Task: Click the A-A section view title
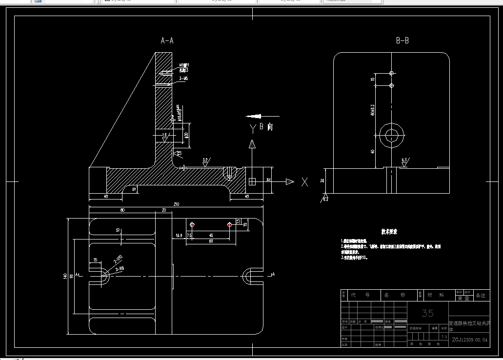pos(167,41)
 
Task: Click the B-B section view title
pos(402,41)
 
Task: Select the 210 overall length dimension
pos(176,204)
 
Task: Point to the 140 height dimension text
pos(65,277)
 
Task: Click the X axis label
pos(304,182)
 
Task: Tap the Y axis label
pos(253,128)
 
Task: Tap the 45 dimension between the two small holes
pos(210,236)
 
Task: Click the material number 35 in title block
pos(427,313)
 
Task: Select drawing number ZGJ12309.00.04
pos(469,340)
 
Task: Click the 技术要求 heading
pos(389,231)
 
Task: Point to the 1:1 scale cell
pos(444,337)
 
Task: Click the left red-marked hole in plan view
pos(192,224)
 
